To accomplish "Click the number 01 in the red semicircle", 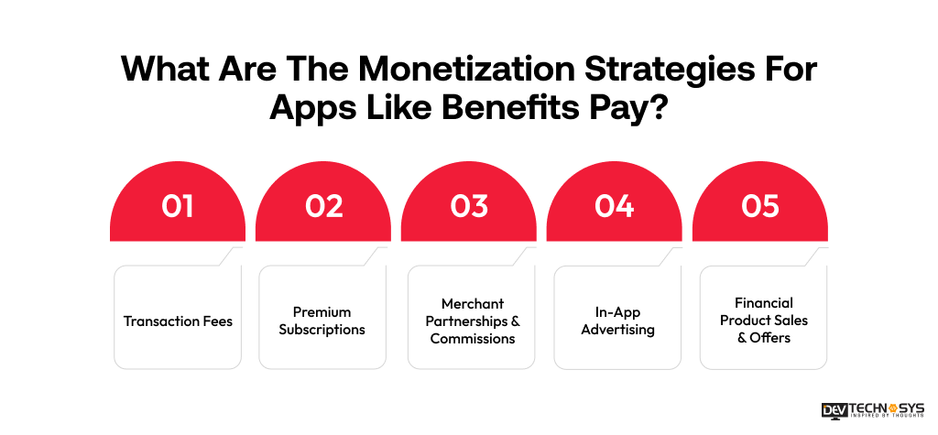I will click(177, 207).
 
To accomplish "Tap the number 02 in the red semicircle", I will click(323, 207).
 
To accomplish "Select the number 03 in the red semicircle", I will click(469, 207).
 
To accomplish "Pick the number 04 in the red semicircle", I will click(614, 207).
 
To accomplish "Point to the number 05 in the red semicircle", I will click(759, 207).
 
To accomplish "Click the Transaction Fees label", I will click(178, 321).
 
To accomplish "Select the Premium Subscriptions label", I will click(322, 321).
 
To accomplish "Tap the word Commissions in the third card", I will click(472, 339).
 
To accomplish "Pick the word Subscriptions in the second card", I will click(322, 330).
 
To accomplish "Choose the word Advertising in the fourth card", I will click(617, 330).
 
